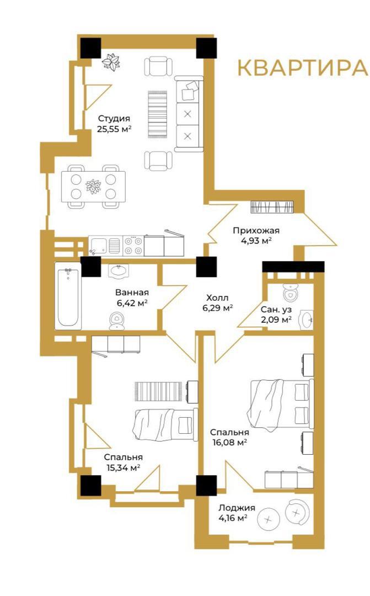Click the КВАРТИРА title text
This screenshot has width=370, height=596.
(x=303, y=68)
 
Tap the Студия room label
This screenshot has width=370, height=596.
(x=114, y=119)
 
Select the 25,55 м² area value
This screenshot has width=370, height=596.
(x=114, y=129)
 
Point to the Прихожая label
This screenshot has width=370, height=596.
(x=256, y=230)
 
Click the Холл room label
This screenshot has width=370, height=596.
(x=217, y=297)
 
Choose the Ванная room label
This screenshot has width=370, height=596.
(x=132, y=292)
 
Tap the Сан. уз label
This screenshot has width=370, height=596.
(x=276, y=310)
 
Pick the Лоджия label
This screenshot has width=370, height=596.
(x=237, y=508)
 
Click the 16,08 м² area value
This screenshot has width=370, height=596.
(x=229, y=442)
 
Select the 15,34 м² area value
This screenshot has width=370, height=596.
(x=123, y=467)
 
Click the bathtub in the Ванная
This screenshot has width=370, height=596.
(x=68, y=296)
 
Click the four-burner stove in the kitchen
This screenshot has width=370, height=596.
(x=133, y=245)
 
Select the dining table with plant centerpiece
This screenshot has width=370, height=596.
(x=93, y=187)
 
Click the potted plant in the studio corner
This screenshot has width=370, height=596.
(x=112, y=61)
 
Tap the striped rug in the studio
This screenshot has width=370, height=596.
(x=158, y=114)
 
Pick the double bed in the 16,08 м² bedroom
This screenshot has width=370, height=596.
(x=281, y=403)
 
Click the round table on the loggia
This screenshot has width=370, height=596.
(x=269, y=519)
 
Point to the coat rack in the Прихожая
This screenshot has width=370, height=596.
(x=272, y=207)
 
